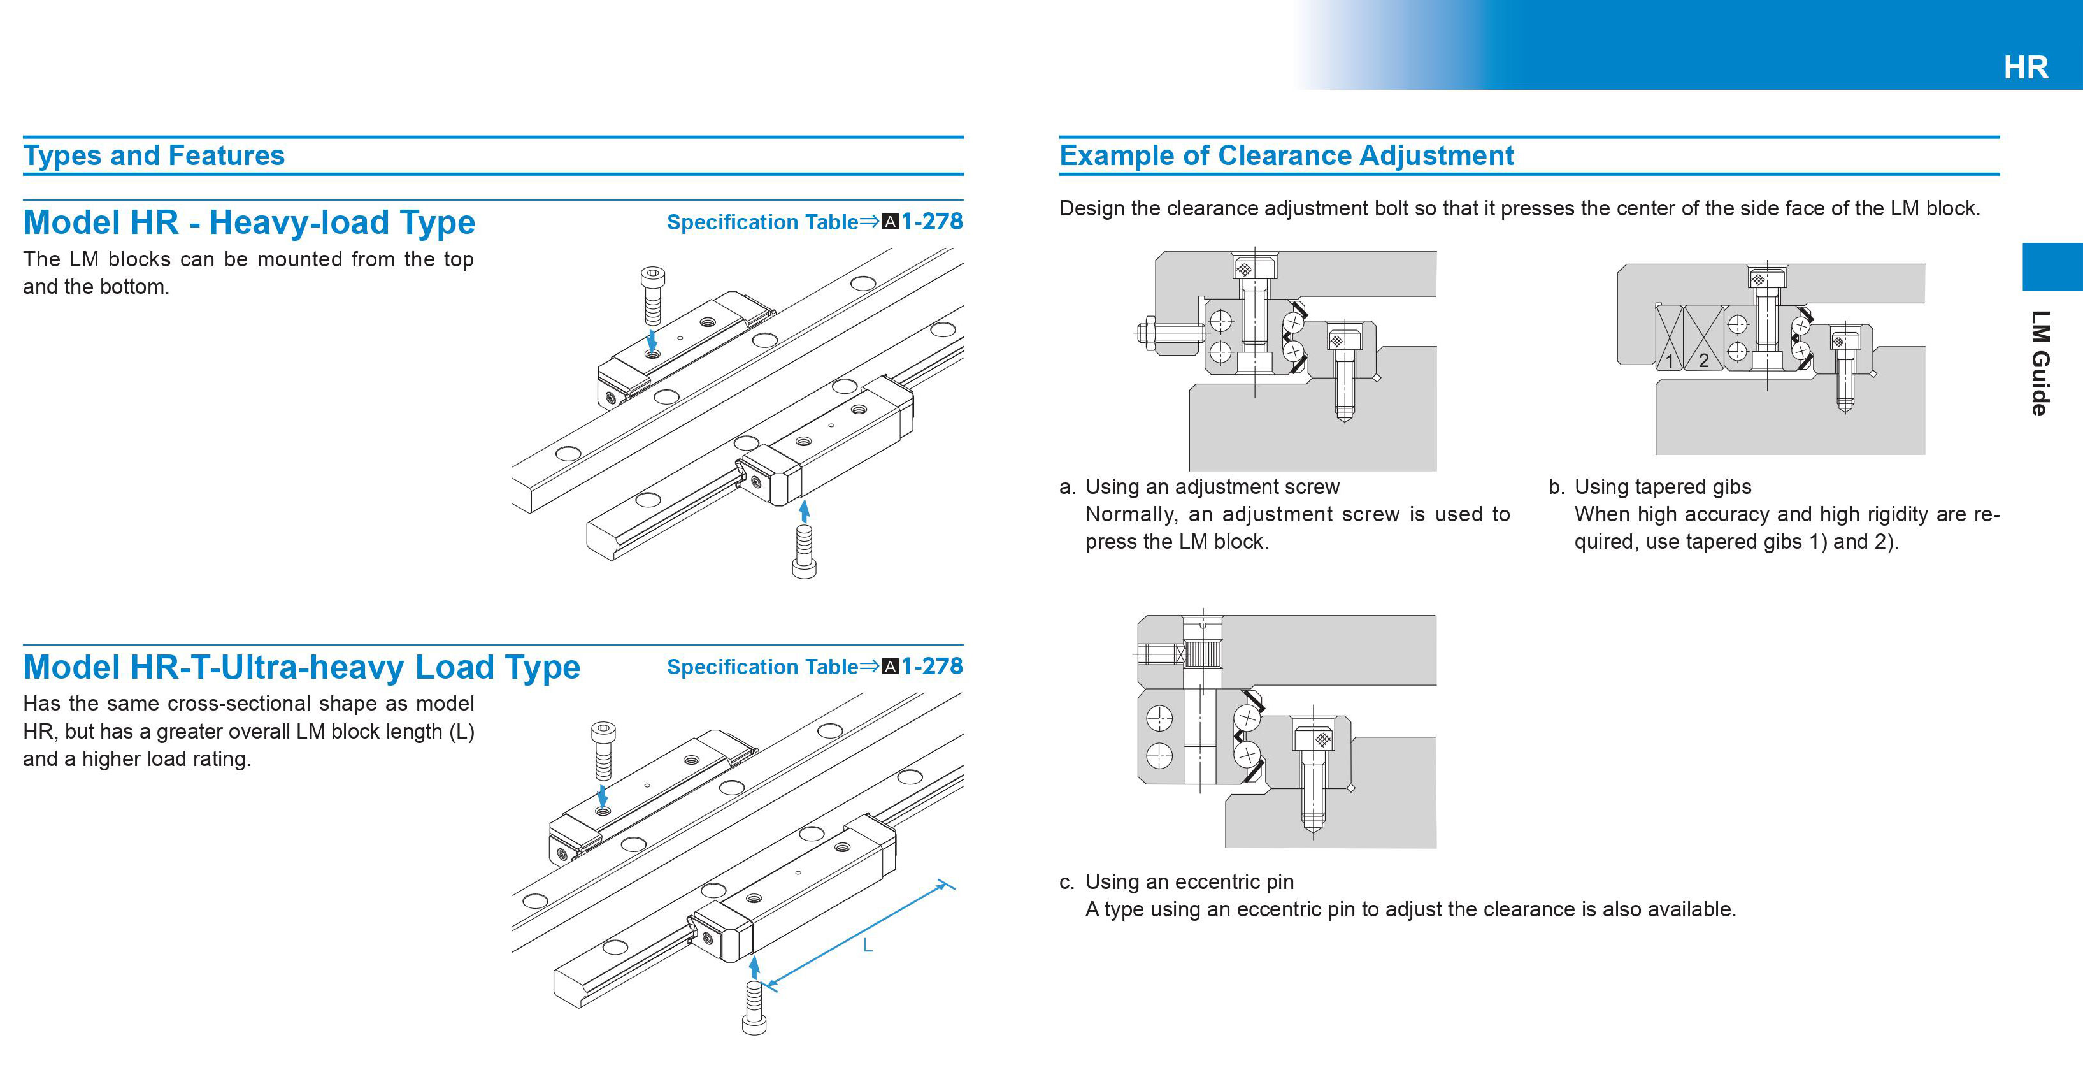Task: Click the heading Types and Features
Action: point(154,155)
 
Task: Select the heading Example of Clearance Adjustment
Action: point(1285,155)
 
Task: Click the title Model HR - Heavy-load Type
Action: point(249,222)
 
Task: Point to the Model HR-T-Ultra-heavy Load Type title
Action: point(301,667)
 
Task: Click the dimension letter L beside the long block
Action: point(867,945)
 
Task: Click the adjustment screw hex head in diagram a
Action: point(1147,331)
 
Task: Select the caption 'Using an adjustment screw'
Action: point(1212,487)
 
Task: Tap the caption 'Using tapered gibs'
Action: point(1663,487)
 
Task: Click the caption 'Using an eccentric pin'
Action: point(1189,882)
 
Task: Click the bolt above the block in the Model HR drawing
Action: point(652,295)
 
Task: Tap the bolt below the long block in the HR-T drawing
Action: point(754,1007)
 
